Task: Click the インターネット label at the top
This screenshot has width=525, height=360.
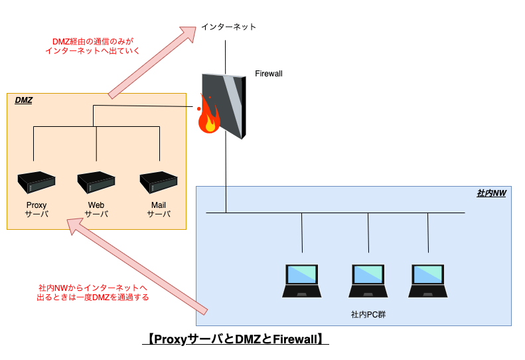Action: pyautogui.click(x=229, y=27)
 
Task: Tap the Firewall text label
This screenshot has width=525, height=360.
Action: pyautogui.click(x=269, y=74)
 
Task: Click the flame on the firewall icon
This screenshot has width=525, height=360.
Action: pyautogui.click(x=208, y=116)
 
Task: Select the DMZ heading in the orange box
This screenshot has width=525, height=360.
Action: pyautogui.click(x=24, y=100)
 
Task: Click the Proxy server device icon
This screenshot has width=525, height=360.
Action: pyautogui.click(x=37, y=183)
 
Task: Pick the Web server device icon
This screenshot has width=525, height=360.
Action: pyautogui.click(x=96, y=183)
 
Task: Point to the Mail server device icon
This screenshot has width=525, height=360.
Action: pyautogui.click(x=159, y=183)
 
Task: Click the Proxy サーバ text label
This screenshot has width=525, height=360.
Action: pyautogui.click(x=37, y=209)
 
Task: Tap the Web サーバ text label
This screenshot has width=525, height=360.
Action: pyautogui.click(x=96, y=209)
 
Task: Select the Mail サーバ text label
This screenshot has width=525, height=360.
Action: pyautogui.click(x=159, y=209)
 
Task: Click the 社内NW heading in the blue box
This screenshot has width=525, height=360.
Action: pyautogui.click(x=492, y=193)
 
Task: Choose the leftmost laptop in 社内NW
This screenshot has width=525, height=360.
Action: pyautogui.click(x=302, y=281)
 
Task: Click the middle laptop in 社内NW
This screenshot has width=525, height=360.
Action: pyautogui.click(x=368, y=281)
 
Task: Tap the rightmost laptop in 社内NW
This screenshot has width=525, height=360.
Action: pyautogui.click(x=428, y=281)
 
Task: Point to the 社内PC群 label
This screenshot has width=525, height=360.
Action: pyautogui.click(x=368, y=314)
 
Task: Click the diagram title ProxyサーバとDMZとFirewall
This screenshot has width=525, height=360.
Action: pyautogui.click(x=236, y=339)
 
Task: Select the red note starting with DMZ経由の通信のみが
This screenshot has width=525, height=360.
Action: pyautogui.click(x=92, y=46)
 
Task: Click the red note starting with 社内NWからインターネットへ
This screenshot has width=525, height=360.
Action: pyautogui.click(x=93, y=293)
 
